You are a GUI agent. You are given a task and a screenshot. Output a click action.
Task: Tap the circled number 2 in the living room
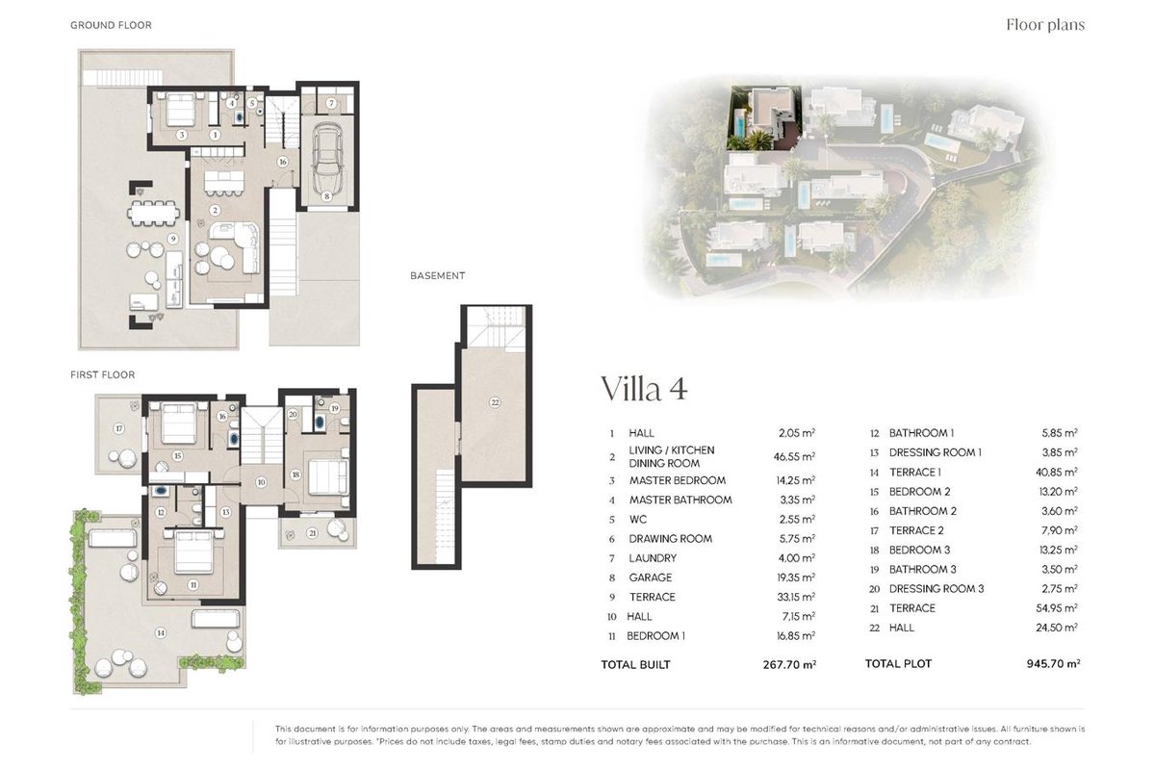(215, 211)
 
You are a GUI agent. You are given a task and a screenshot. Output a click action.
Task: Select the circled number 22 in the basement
(495, 402)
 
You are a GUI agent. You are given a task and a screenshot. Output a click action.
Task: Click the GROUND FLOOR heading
(111, 25)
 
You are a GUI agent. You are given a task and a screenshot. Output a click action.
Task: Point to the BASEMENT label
(438, 276)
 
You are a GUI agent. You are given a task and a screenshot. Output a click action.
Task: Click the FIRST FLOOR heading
(103, 375)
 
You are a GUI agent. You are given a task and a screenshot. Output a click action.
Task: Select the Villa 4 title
(645, 389)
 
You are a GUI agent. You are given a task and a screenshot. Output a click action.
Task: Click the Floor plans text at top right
(1045, 25)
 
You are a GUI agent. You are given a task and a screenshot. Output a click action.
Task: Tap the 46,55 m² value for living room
(794, 456)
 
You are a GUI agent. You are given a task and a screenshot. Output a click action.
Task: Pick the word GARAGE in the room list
(651, 577)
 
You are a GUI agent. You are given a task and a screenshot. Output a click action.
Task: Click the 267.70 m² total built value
(789, 665)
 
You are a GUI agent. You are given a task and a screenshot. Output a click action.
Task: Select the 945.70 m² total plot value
(1053, 664)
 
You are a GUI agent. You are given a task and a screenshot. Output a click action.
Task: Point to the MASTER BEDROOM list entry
(677, 480)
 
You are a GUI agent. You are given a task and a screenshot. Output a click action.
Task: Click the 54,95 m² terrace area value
(1057, 608)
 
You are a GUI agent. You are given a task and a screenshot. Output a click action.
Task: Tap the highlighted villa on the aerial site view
(764, 118)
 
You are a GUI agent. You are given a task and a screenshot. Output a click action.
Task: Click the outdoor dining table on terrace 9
(154, 213)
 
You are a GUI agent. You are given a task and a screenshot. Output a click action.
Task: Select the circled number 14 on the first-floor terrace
(161, 632)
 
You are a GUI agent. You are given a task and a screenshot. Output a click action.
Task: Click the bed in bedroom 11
(193, 552)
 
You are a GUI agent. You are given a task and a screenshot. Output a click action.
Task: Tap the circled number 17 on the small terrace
(119, 428)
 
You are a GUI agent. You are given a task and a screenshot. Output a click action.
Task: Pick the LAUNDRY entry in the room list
(653, 558)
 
